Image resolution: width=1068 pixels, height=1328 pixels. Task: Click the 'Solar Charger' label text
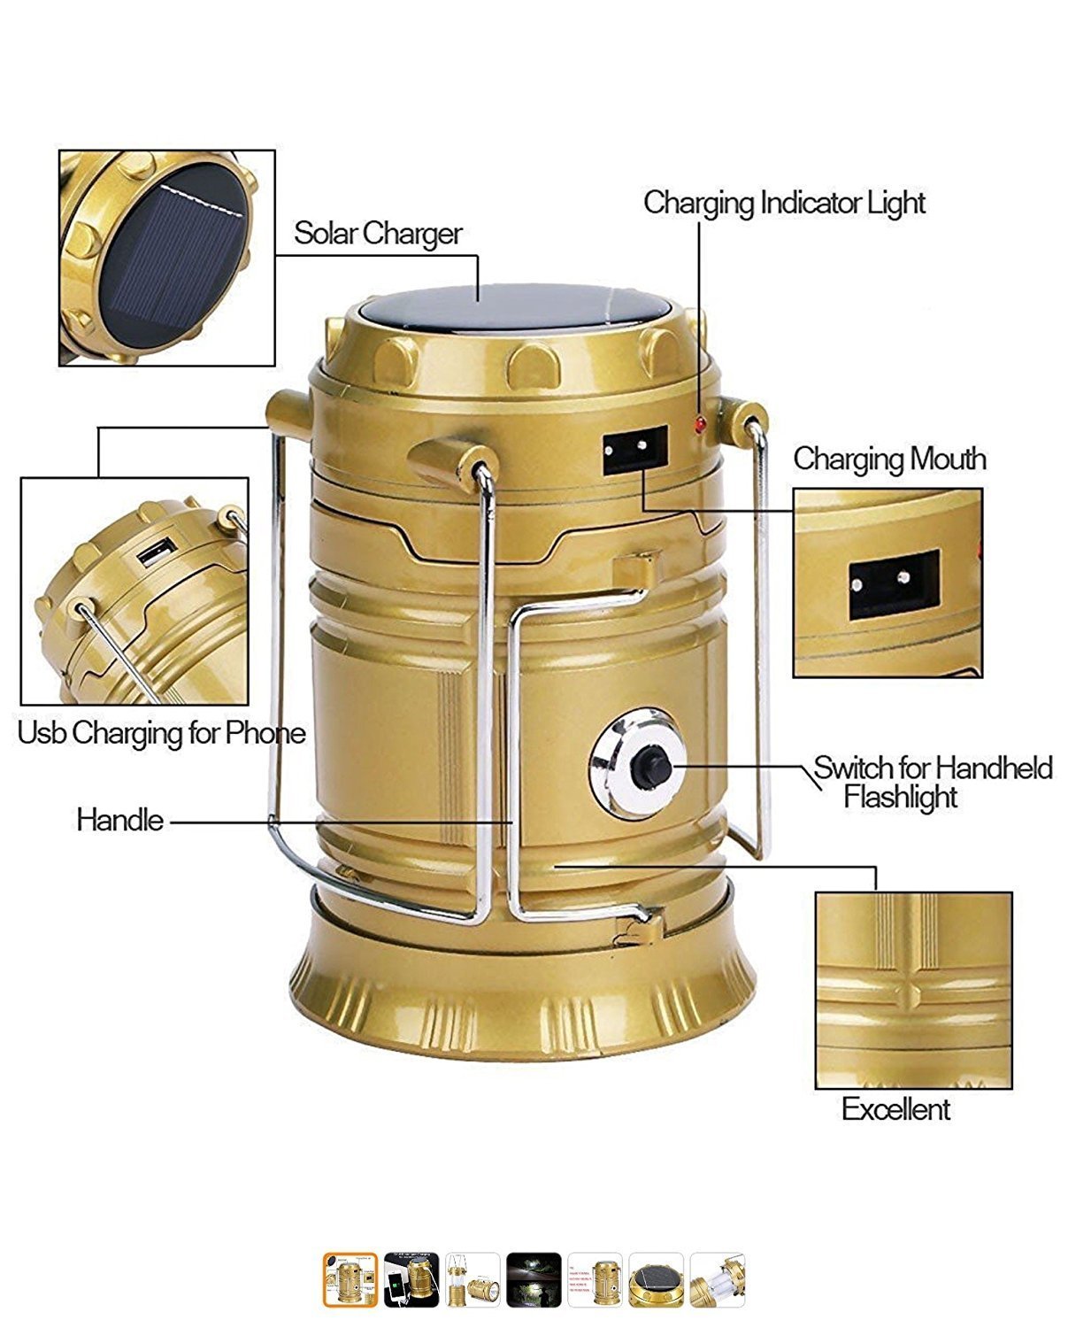[378, 234]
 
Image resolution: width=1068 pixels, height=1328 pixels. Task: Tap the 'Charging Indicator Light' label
[784, 203]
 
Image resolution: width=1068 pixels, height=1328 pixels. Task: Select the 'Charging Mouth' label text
[888, 459]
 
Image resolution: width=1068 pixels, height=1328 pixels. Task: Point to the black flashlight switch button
[652, 767]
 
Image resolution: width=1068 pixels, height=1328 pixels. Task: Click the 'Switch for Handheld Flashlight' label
[932, 781]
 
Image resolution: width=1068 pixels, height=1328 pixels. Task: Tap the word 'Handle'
[119, 820]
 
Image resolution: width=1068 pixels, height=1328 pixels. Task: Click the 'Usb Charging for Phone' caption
[161, 733]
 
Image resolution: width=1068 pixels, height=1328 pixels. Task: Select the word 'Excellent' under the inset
[895, 1109]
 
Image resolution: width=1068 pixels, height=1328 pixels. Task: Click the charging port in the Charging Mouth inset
[894, 585]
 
